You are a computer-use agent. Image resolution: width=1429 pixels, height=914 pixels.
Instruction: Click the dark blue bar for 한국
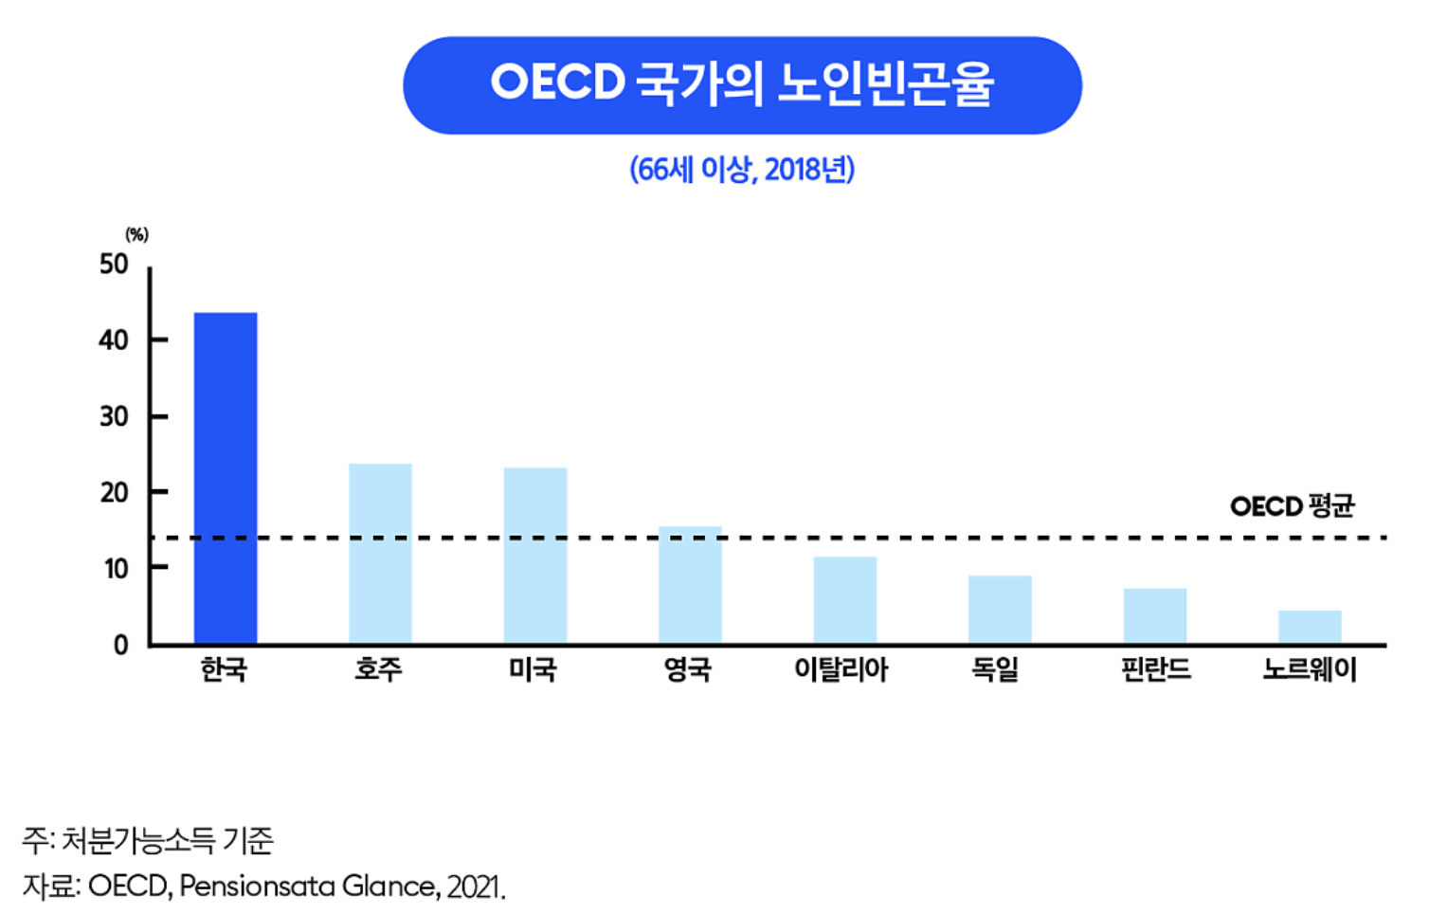pyautogui.click(x=226, y=478)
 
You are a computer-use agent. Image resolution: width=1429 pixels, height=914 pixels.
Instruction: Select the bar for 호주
pyautogui.click(x=380, y=554)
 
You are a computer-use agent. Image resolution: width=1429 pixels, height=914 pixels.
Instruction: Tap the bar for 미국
pyautogui.click(x=535, y=556)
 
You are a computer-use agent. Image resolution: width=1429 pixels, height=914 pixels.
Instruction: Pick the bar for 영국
pyautogui.click(x=690, y=585)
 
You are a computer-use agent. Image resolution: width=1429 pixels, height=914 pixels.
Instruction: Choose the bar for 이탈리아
pyautogui.click(x=845, y=600)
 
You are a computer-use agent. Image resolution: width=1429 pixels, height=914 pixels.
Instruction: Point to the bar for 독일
pyautogui.click(x=1001, y=611)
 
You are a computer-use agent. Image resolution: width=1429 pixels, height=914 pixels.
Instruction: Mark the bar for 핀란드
pyautogui.click(x=1155, y=616)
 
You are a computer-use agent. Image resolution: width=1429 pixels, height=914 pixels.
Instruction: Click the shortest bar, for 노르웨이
pyautogui.click(x=1310, y=628)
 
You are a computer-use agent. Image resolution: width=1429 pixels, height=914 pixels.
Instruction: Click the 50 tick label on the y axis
pyautogui.click(x=115, y=265)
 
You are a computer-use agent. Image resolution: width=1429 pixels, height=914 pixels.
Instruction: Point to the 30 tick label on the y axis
pyautogui.click(x=115, y=417)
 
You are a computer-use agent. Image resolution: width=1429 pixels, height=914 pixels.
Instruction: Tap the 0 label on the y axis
pyautogui.click(x=121, y=646)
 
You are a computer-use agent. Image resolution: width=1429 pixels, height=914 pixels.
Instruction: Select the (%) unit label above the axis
pyautogui.click(x=136, y=235)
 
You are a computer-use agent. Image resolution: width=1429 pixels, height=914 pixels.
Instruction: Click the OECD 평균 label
pyautogui.click(x=1293, y=507)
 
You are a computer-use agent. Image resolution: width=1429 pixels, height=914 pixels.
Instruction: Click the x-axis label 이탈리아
pyautogui.click(x=841, y=669)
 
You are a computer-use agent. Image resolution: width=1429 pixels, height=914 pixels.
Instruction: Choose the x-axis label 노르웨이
pyautogui.click(x=1310, y=669)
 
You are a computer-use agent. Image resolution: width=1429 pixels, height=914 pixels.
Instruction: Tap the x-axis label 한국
pyautogui.click(x=224, y=669)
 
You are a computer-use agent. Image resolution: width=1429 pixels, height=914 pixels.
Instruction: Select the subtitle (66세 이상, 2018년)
pyautogui.click(x=743, y=170)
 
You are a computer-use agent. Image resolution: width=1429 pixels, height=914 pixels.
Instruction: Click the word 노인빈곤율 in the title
pyautogui.click(x=885, y=83)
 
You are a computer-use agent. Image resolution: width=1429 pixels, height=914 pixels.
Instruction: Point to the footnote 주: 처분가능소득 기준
pyautogui.click(x=148, y=841)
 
